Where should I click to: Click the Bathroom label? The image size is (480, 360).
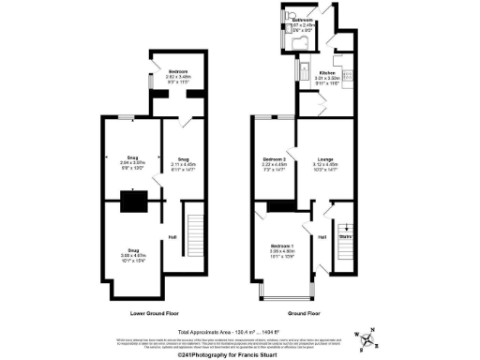303,20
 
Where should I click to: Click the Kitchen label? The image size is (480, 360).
327,73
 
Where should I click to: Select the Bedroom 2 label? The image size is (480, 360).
275,158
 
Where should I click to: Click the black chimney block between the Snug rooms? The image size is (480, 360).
131,201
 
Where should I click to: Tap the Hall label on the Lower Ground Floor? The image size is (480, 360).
172,236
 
